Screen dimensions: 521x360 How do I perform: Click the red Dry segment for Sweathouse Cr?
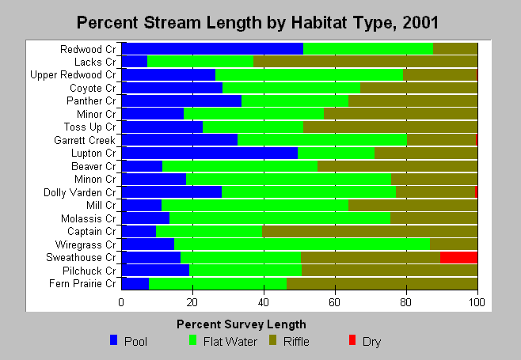459,257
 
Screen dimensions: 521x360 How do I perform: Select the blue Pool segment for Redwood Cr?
212,49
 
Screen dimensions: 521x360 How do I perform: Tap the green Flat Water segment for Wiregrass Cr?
302,244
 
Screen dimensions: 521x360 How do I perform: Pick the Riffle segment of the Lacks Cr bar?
366,62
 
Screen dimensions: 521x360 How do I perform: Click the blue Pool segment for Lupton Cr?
210,153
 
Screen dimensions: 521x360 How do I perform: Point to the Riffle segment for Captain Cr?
370,231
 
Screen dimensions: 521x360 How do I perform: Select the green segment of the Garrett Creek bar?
322,140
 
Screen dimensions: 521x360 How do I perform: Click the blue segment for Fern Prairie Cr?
135,283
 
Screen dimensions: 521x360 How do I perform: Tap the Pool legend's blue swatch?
114,340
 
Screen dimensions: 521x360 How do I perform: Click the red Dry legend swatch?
352,340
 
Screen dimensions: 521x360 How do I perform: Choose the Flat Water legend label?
230,341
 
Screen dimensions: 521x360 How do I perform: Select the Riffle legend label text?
296,341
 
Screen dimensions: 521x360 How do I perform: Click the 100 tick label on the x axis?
477,302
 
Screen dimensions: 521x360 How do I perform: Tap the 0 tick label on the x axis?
121,302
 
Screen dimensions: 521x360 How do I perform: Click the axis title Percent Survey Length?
241,324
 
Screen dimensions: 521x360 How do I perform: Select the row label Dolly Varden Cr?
80,192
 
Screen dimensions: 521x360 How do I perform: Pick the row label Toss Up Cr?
90,127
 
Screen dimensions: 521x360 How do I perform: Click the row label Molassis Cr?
89,218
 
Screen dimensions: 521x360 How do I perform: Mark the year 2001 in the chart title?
420,23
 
